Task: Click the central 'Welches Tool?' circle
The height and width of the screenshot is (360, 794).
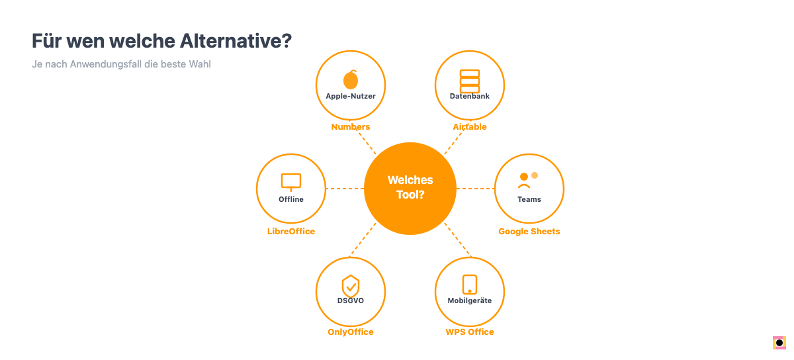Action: (410, 189)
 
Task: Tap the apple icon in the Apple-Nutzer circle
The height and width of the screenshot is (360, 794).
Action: (351, 79)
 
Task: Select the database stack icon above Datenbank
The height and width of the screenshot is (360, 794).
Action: (470, 81)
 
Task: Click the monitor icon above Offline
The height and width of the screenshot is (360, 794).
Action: (291, 182)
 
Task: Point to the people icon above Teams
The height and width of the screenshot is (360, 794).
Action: (528, 180)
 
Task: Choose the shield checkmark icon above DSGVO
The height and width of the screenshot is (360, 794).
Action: (351, 287)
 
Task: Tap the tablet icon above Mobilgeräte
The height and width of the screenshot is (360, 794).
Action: (470, 285)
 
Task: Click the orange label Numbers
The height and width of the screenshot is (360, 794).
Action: (351, 126)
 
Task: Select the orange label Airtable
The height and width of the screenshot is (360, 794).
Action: (470, 126)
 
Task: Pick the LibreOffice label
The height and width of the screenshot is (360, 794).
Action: (291, 231)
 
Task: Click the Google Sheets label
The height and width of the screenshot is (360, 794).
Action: (529, 232)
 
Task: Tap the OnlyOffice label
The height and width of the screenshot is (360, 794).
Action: (351, 332)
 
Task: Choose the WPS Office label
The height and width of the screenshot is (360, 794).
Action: (470, 332)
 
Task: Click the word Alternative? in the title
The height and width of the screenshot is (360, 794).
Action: (236, 40)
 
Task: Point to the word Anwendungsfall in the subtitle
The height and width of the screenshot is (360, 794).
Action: (106, 64)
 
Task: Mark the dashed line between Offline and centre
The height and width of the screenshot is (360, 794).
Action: (345, 189)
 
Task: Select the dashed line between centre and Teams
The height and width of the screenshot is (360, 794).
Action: (475, 189)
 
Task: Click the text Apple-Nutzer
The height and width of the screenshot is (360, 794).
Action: (351, 96)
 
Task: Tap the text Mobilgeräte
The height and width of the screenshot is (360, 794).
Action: (470, 300)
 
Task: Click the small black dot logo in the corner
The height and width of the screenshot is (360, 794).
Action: (779, 343)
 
